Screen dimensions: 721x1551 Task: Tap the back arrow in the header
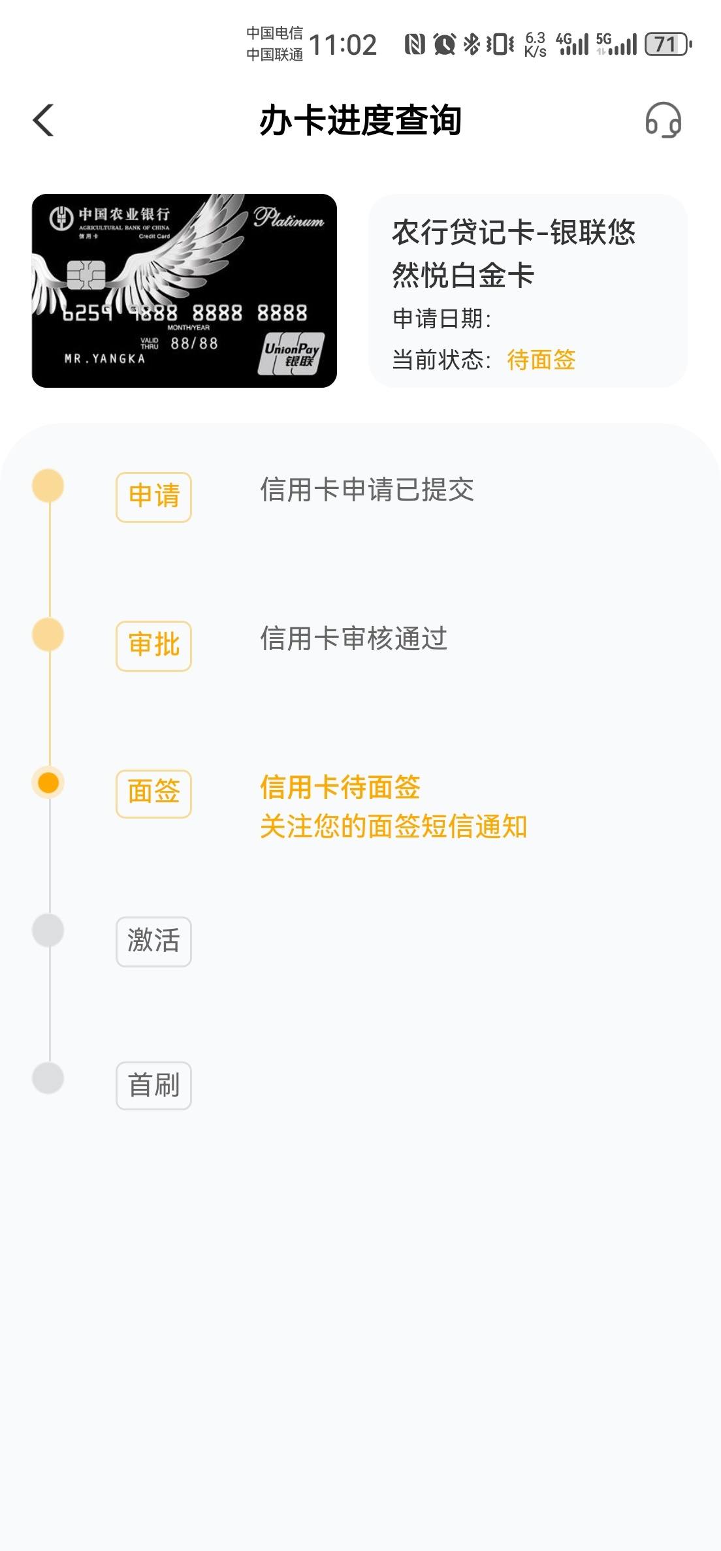pos(43,120)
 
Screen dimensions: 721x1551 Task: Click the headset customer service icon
pos(663,120)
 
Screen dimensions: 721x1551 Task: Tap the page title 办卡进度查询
pos(360,121)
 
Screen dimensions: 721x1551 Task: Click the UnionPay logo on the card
pos(291,354)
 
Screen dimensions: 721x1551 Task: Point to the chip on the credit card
pos(86,275)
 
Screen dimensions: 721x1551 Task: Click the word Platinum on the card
pos(289,218)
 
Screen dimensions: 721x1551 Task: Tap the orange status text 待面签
pos(541,360)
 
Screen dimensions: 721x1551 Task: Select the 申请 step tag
pos(153,497)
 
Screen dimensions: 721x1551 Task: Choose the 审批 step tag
pos(153,646)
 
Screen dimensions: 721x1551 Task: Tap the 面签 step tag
pos(153,793)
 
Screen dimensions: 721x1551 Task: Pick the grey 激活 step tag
pos(153,941)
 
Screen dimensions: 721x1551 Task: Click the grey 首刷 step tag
pos(153,1086)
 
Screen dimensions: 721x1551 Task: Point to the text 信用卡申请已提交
pos(367,490)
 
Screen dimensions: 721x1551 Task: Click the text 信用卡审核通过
pos(353,638)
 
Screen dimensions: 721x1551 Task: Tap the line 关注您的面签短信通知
pos(393,826)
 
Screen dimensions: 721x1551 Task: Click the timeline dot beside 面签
pos(48,782)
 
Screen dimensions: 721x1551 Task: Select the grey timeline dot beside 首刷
pos(48,1077)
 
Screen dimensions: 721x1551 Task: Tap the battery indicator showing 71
pos(667,44)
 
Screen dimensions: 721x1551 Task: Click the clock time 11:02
pos(343,45)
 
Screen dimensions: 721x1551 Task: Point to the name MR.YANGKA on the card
pos(104,358)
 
